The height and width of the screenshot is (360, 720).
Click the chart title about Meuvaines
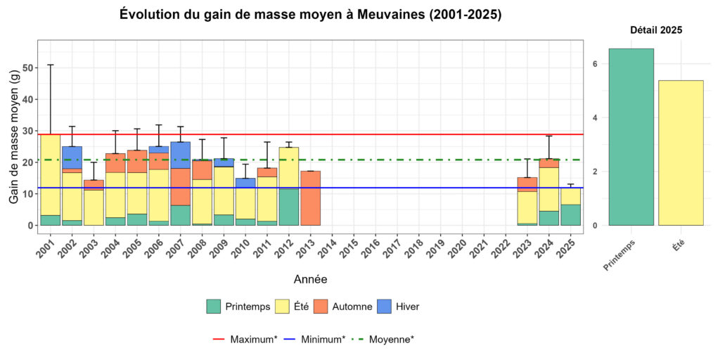[x=310, y=15]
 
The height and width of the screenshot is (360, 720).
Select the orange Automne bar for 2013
[x=310, y=198]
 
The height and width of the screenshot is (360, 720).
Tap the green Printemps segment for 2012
[x=288, y=207]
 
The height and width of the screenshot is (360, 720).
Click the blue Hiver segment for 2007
[x=180, y=155]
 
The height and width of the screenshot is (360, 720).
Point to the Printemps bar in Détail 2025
[x=631, y=137]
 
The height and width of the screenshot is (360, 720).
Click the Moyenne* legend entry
[x=383, y=339]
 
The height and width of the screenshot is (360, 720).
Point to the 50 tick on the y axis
[x=28, y=68]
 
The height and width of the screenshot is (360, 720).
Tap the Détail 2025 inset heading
[x=655, y=30]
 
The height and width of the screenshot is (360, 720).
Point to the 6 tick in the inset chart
[x=595, y=64]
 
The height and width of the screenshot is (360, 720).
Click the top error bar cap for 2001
[x=50, y=65]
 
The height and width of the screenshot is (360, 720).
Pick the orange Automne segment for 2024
[x=549, y=163]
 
